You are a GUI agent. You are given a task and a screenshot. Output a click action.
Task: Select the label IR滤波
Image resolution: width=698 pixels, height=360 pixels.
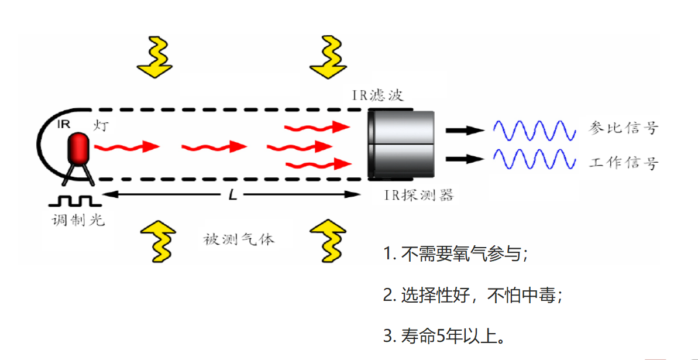click(377, 95)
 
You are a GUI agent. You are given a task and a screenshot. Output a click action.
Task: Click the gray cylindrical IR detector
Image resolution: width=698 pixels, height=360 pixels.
click(403, 144)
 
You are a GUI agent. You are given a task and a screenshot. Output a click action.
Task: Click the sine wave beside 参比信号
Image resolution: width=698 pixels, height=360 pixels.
click(530, 131)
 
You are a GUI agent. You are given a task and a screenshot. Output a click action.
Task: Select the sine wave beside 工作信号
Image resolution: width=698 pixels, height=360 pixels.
click(530, 159)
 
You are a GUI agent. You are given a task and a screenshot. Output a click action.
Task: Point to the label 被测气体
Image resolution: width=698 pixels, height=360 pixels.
click(239, 239)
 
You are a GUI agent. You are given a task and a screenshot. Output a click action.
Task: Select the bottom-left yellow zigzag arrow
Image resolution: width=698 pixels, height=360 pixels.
click(157, 240)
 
